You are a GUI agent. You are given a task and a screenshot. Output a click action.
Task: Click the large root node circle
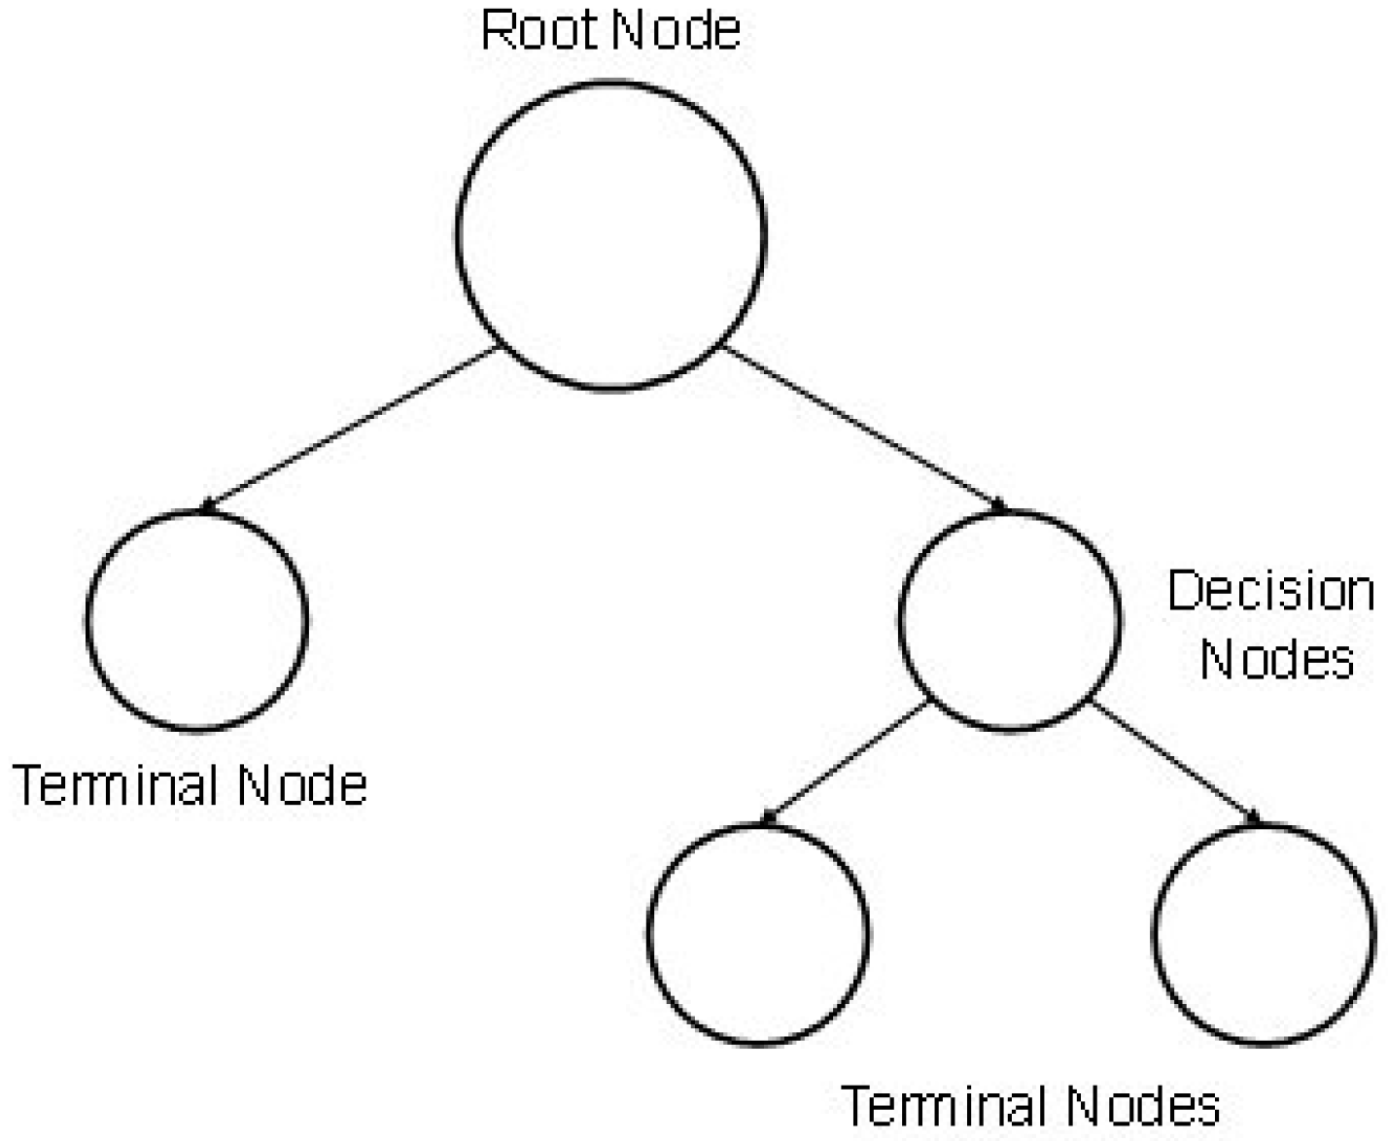610,235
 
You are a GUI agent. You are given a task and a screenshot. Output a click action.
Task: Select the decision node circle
1009,619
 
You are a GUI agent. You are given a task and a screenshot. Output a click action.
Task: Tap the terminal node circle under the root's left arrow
196,620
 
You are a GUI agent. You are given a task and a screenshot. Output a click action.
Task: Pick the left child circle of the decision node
758,934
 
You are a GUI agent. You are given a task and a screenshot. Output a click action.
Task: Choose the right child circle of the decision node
1263,934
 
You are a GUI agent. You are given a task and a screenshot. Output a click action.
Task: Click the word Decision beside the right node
1270,591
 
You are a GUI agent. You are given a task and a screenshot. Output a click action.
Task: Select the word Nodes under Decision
1276,659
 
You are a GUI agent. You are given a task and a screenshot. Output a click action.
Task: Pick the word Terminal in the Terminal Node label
116,784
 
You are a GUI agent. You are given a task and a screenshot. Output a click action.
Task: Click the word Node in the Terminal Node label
302,784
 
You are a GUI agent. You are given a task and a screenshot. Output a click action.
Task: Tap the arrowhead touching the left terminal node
206,505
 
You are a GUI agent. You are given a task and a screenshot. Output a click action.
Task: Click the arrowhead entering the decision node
998,505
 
